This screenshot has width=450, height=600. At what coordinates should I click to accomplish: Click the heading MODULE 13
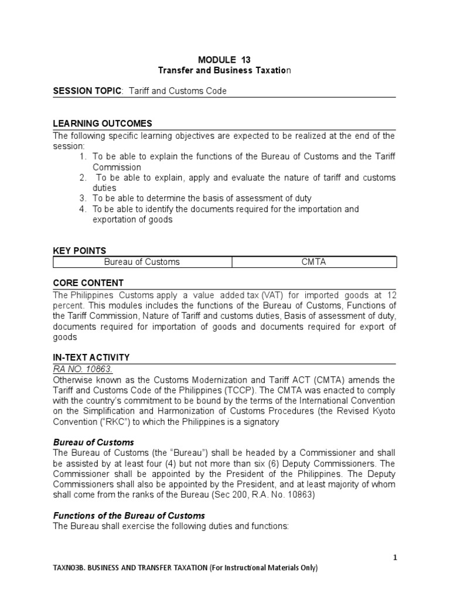coord(224,60)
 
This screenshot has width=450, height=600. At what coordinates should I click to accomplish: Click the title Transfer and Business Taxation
coord(224,70)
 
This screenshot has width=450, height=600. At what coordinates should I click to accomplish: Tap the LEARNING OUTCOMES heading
coord(103,124)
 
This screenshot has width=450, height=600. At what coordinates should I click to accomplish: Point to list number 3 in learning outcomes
coord(83,199)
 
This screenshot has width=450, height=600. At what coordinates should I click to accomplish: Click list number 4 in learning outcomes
coord(83,209)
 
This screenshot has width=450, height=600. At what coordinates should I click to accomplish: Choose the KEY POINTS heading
coord(80,251)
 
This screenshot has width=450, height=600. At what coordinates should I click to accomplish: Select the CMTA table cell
coord(313,262)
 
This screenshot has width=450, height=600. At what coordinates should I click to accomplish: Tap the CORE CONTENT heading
coord(88,283)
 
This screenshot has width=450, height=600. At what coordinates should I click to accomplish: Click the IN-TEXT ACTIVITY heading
coord(91,357)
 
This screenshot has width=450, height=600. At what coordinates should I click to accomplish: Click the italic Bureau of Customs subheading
coord(94,442)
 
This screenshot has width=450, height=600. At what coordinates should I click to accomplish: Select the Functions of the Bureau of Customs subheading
coord(129,516)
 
